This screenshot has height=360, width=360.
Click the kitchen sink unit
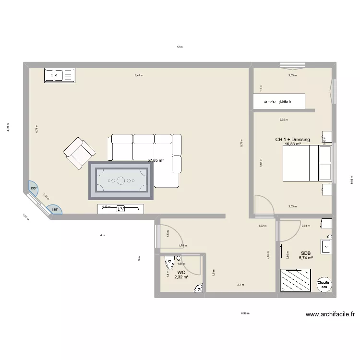click(59, 75)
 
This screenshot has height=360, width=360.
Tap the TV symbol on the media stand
click(121, 209)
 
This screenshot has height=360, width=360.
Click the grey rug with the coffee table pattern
click(120, 181)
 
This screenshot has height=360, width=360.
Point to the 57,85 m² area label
click(156, 161)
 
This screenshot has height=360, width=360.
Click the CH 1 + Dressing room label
click(292, 140)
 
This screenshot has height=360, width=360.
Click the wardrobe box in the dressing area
click(279, 102)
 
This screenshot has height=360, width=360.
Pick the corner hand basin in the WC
click(199, 288)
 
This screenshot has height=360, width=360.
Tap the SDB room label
click(306, 253)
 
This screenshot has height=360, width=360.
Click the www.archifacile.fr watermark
click(330, 315)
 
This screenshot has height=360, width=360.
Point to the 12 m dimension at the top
click(180, 47)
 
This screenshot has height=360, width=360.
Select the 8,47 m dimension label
click(139, 75)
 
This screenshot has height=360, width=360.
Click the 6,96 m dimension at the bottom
click(245, 313)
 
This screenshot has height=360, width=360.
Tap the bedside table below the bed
click(326, 189)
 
